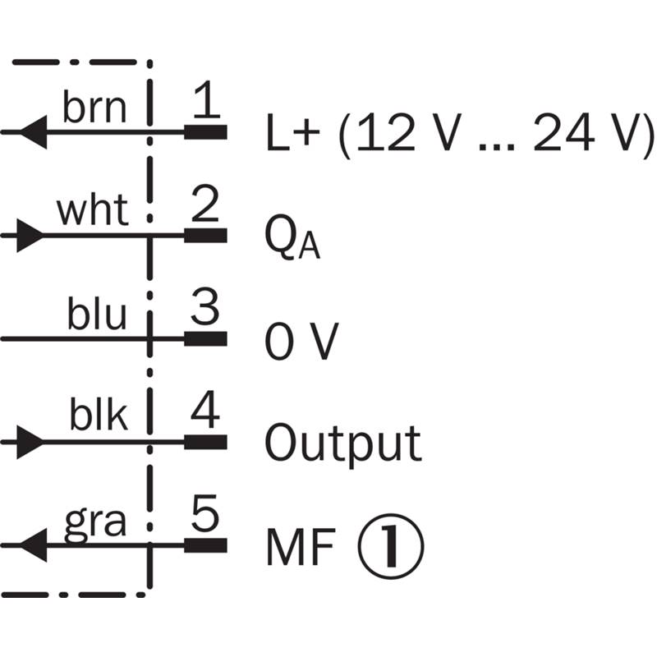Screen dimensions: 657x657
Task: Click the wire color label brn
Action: pyautogui.click(x=94, y=108)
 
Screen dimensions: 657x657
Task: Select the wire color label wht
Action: pyautogui.click(x=92, y=212)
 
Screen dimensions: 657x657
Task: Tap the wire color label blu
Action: pyautogui.click(x=97, y=315)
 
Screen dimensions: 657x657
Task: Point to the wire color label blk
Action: pyautogui.click(x=98, y=417)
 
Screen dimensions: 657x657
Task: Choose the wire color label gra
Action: pyautogui.click(x=95, y=522)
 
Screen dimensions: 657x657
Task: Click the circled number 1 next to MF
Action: pyautogui.click(x=391, y=545)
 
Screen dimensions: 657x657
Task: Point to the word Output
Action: pyautogui.click(x=342, y=443)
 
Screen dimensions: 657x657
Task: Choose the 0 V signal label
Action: pyautogui.click(x=301, y=341)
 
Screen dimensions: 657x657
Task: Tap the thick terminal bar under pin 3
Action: pyautogui.click(x=205, y=338)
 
